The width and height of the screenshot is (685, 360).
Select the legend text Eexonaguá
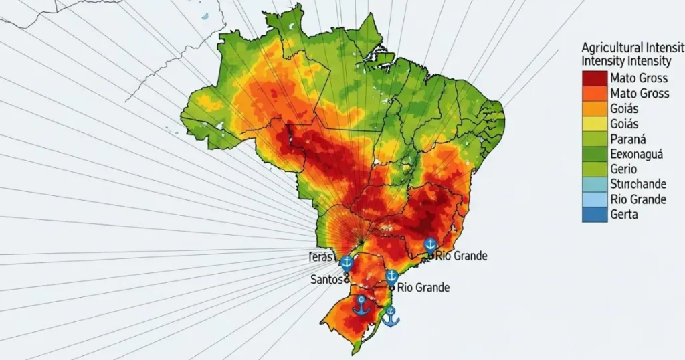pos(636,154)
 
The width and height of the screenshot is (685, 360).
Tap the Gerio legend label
pos(623,169)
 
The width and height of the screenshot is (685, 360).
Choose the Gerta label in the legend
pos(624,215)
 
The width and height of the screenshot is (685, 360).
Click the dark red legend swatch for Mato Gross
pos(594,78)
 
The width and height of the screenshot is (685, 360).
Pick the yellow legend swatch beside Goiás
pos(594,124)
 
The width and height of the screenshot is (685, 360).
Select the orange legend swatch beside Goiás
pos(594,108)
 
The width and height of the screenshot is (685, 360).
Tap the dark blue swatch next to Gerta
pos(594,215)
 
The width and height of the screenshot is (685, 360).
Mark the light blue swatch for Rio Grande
pos(594,199)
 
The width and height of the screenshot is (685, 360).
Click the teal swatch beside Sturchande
pos(594,185)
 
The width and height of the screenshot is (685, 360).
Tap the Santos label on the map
pos(327,280)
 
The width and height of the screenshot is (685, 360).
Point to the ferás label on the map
pos(323,257)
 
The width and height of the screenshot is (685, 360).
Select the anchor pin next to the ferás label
pos(347,262)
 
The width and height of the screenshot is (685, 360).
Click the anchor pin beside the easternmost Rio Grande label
pos(431,245)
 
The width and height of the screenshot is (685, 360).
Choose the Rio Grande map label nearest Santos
pos(423,288)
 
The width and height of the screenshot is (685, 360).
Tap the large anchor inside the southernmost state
pos(361,305)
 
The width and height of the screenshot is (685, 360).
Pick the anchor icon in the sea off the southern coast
pos(390,316)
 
